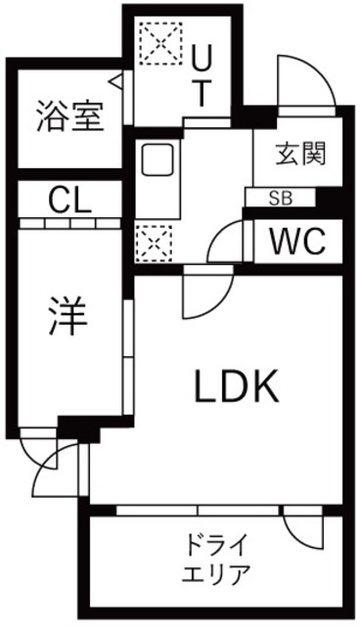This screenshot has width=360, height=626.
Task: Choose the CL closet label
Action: (x=68, y=203)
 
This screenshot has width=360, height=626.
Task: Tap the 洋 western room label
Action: (x=67, y=316)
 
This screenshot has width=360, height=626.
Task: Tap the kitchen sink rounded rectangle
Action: (x=157, y=159)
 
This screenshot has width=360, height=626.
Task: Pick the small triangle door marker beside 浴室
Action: (x=116, y=80)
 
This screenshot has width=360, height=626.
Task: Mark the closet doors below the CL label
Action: (x=68, y=223)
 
